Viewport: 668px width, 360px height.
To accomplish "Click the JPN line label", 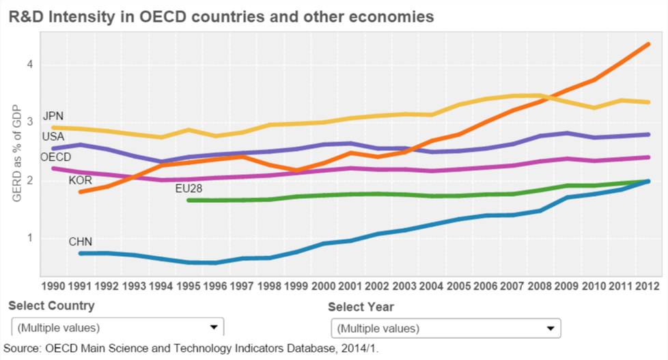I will tap(53, 116).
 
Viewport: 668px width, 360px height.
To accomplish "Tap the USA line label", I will tap(53, 137).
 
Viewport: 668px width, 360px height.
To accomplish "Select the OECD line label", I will tap(56, 157).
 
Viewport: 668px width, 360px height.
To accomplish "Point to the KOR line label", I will tap(80, 180).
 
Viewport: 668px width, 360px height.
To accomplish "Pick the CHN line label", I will tap(80, 242).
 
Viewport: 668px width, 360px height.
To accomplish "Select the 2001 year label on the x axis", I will tap(350, 286).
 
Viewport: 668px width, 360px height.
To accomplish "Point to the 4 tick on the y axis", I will tap(30, 65).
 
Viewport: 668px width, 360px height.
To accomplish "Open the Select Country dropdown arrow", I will tap(213, 328).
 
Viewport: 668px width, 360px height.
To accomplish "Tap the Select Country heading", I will tap(52, 305).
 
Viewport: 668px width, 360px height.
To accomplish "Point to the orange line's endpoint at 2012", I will tap(648, 44).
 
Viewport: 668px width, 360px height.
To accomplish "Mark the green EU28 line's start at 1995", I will tap(189, 200).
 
